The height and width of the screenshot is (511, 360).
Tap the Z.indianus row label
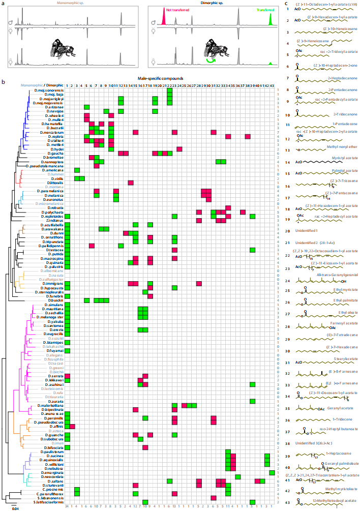54,221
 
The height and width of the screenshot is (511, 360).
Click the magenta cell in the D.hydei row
179,148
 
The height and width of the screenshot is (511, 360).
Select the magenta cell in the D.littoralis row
130,182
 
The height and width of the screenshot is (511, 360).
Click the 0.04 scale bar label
16,507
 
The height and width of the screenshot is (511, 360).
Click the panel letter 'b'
4,82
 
